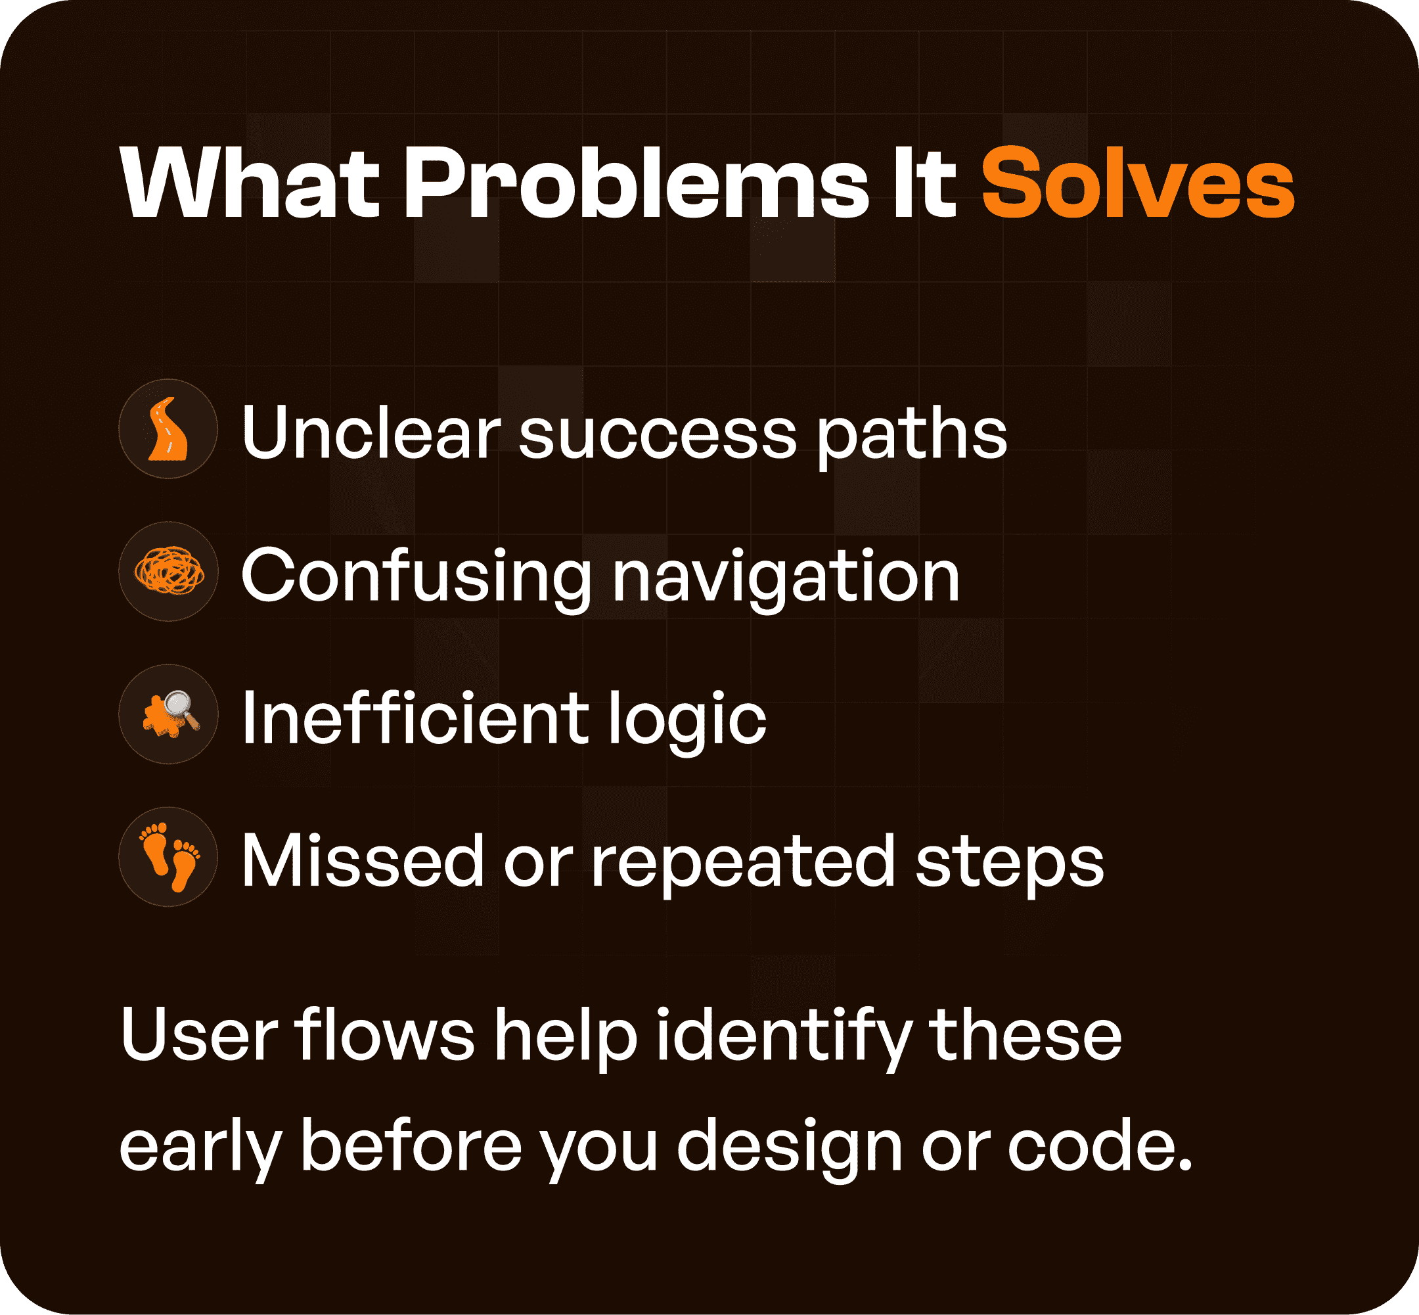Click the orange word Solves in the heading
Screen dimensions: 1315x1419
click(1137, 183)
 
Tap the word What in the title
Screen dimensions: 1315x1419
click(249, 183)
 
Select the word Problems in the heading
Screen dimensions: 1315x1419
click(636, 183)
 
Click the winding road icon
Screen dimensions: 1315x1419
click(168, 429)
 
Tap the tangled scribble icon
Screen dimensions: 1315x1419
click(169, 571)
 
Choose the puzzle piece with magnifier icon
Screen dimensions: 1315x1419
click(169, 714)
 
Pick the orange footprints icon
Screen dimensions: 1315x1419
click(169, 857)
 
